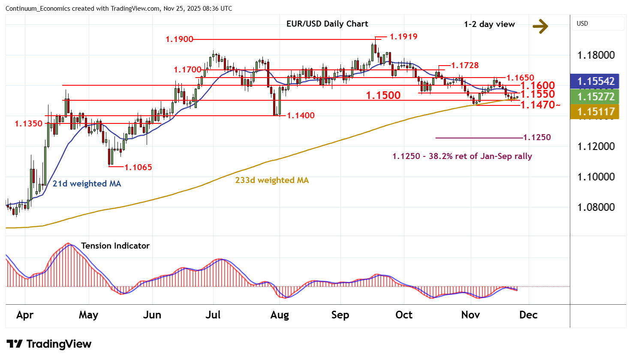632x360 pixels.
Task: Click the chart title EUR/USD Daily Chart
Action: [x=327, y=24]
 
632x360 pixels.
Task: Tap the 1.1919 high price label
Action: [x=403, y=37]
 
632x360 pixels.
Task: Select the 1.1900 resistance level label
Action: [x=179, y=39]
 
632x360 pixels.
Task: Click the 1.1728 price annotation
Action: [x=465, y=66]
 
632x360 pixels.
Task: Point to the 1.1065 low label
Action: [x=138, y=168]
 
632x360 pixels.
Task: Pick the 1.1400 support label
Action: [x=301, y=116]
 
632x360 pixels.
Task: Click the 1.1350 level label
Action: [x=29, y=124]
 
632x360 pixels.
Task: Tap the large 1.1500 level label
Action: [x=383, y=96]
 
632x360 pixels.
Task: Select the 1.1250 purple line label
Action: [x=537, y=138]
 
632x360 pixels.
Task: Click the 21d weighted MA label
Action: [x=87, y=184]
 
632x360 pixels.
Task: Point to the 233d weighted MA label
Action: [x=272, y=180]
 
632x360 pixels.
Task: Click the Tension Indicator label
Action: [x=115, y=246]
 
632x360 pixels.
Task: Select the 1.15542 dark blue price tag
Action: [x=596, y=81]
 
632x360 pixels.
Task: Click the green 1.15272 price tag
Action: [x=596, y=97]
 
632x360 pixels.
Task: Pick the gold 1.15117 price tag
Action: [x=596, y=112]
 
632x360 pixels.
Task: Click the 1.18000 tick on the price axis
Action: [x=596, y=55]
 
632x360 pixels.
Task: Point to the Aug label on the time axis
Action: [x=280, y=315]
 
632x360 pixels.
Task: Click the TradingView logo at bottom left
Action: [x=49, y=344]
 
